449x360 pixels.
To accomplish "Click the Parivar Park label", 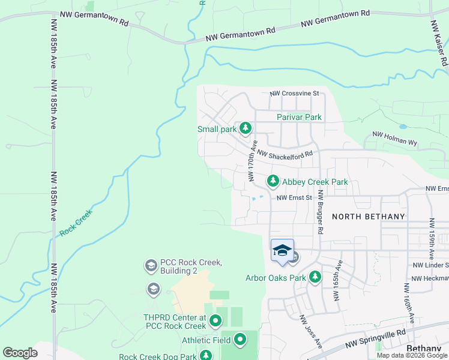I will tap(299, 118).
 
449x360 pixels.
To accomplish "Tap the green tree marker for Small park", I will tap(245, 128).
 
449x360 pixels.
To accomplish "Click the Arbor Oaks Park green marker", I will tap(315, 277).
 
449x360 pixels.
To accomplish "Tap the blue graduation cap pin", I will tap(282, 250).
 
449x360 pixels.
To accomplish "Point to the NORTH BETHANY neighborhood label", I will tap(368, 216).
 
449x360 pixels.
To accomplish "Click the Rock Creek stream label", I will tap(74, 223).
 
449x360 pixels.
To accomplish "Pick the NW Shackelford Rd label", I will tap(285, 154).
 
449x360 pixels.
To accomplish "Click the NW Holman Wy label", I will tap(394, 139).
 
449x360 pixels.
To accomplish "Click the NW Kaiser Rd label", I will tap(439, 43).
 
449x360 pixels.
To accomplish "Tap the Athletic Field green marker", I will tap(240, 340).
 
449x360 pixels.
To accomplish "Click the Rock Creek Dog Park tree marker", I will tap(206, 356).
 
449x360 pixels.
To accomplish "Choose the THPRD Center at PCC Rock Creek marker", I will tap(216, 323).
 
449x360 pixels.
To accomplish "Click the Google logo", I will tap(20, 353).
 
